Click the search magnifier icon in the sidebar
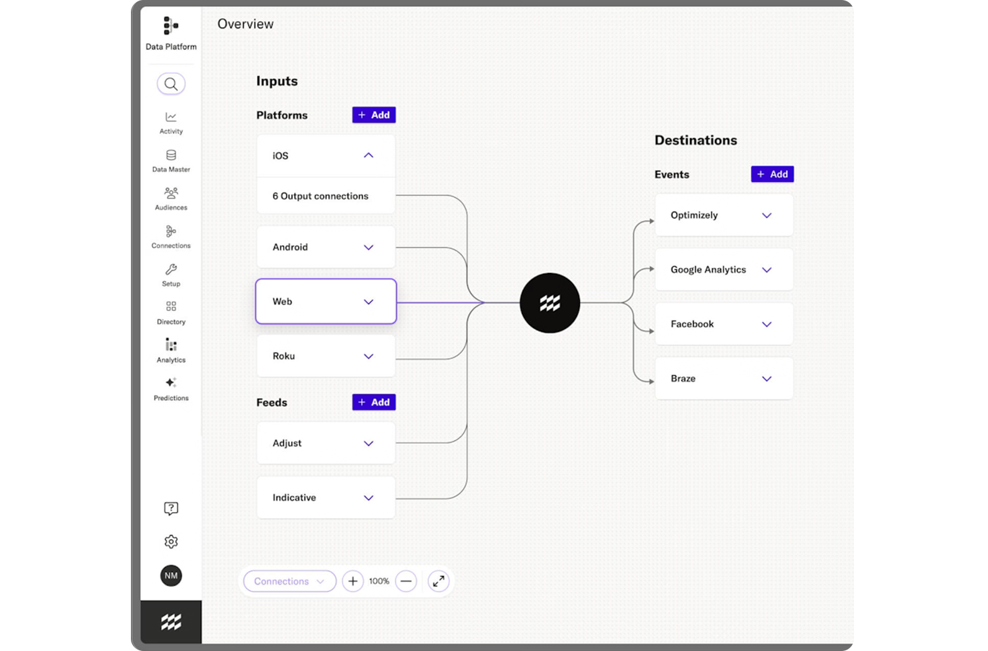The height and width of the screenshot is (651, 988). pos(171,84)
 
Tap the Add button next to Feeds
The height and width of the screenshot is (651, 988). pos(374,402)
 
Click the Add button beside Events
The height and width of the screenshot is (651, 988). pos(772,174)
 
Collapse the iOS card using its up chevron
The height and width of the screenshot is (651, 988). pos(368,155)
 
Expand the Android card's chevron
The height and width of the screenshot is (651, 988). pos(368,248)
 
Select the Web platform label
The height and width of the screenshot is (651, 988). pos(282,301)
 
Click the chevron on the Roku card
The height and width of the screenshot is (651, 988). pos(368,356)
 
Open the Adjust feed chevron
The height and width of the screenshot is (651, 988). pos(368,444)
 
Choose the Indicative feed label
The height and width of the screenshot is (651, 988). pos(294,498)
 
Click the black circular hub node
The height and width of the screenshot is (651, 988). pos(550,303)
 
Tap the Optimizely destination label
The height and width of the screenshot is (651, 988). pos(694,215)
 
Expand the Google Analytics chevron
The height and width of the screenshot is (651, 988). pos(766,270)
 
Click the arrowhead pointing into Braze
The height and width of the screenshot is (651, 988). pos(652,382)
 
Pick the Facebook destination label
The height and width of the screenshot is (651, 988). pos(692,324)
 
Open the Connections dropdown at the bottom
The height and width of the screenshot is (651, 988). pos(289,581)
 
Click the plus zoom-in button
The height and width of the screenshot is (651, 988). pos(353,581)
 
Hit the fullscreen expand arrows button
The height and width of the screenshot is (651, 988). pos(438,581)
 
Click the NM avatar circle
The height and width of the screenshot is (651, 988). pos(171,575)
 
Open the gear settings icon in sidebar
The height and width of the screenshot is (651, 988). pos(171,542)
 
